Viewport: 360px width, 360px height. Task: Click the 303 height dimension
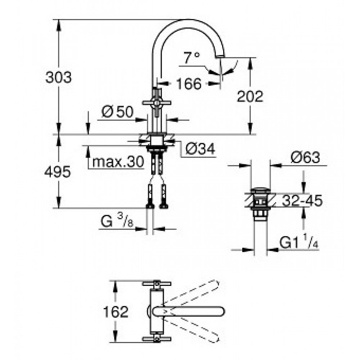coord(59,77)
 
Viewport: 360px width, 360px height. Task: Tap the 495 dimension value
coord(58,172)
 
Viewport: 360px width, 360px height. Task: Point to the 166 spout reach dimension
coord(189,84)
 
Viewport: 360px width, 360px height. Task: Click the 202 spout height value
coord(250,96)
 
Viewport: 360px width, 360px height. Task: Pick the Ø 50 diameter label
coord(117,112)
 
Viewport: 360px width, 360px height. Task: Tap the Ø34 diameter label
coord(200,149)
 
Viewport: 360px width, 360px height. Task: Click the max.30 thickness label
coord(118,162)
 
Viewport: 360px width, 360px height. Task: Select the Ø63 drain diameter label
coord(305,158)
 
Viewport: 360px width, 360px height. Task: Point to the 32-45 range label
coord(302,201)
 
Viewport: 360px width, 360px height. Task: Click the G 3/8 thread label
coord(117,220)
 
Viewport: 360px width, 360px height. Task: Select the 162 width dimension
coord(116,312)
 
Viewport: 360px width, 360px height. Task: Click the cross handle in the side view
coord(157,103)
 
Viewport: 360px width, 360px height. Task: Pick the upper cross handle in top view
coord(157,284)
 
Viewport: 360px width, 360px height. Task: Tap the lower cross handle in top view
coord(157,339)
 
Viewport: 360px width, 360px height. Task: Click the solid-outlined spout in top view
coord(189,311)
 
